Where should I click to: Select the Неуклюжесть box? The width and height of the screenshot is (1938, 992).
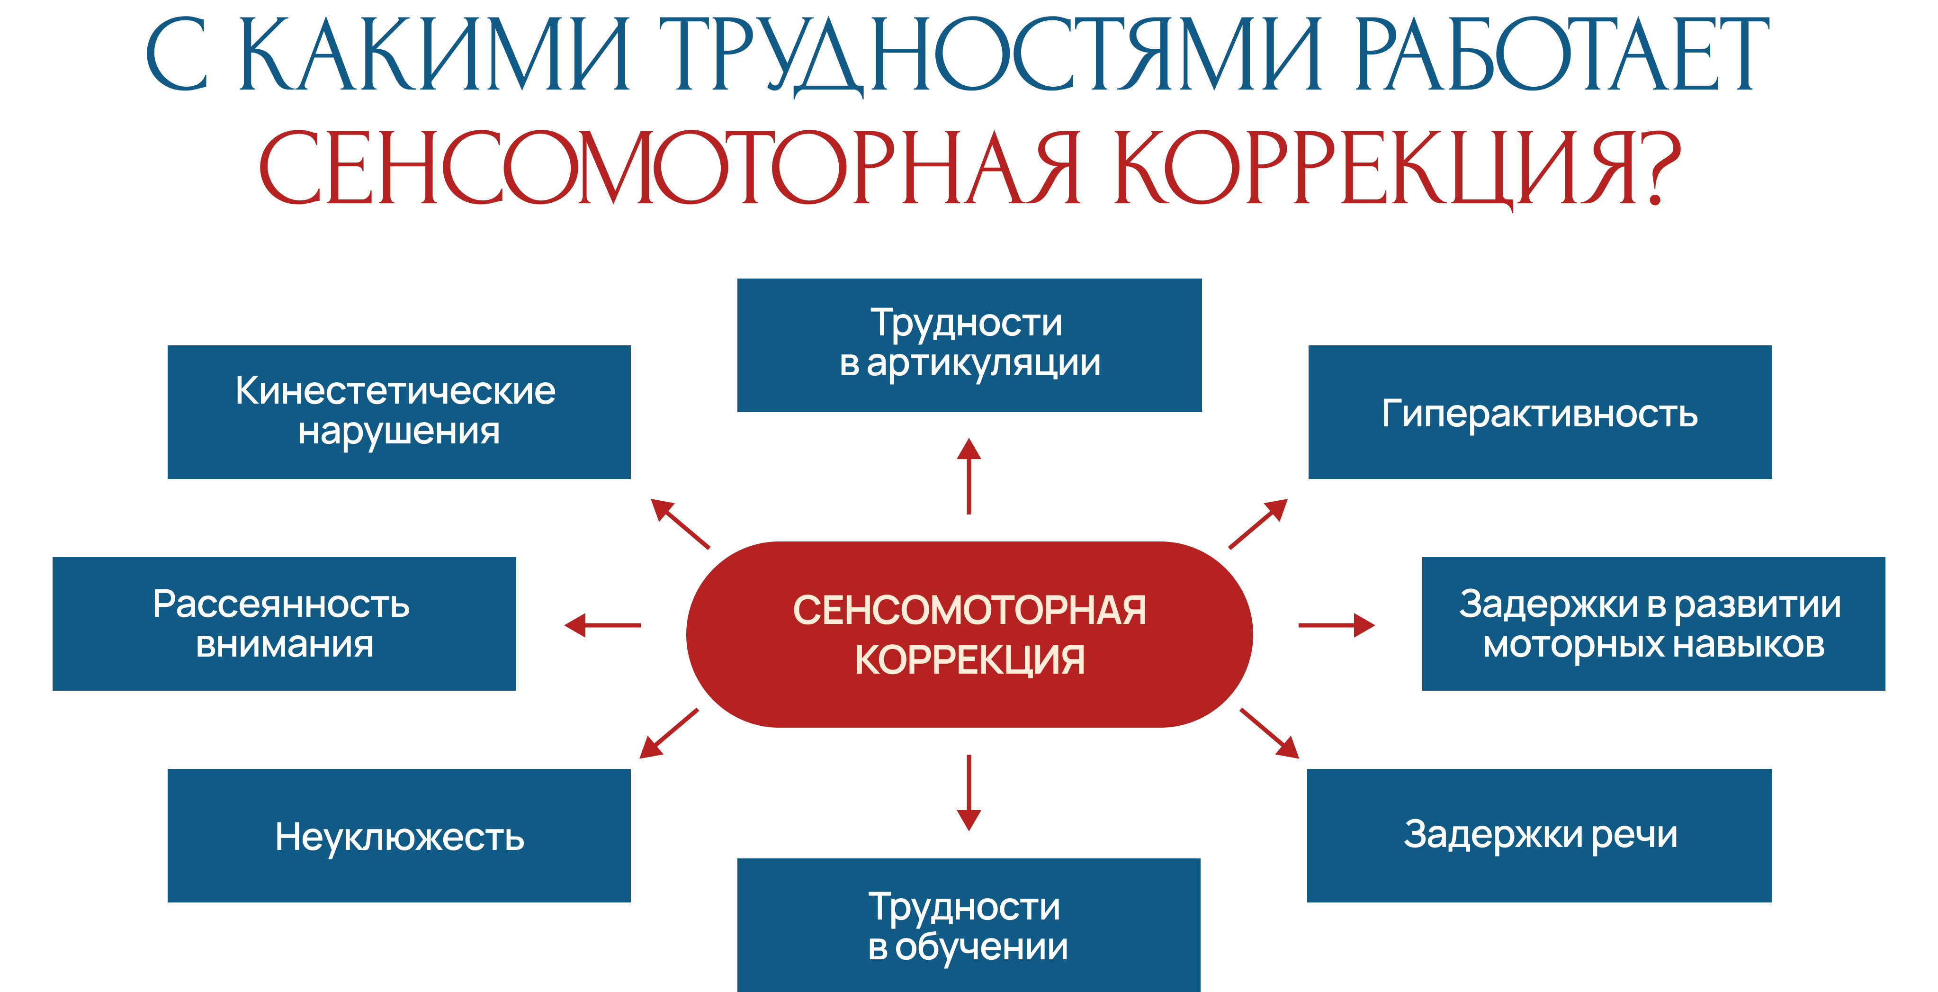[x=399, y=836]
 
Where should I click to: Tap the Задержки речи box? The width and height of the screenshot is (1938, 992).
[x=1539, y=836]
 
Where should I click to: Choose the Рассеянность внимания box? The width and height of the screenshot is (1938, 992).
[x=284, y=623]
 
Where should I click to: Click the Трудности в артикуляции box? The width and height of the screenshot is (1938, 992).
[x=969, y=345]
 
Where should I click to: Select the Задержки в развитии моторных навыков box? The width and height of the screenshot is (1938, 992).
[x=1653, y=623]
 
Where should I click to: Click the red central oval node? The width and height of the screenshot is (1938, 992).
[x=969, y=634]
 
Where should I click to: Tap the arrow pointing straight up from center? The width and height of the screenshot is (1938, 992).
[x=969, y=476]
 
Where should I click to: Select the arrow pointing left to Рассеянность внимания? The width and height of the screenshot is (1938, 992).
[x=602, y=625]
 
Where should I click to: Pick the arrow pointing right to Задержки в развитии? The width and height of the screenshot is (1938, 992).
[x=1336, y=625]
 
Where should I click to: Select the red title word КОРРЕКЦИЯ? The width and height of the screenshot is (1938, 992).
[x=1396, y=167]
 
